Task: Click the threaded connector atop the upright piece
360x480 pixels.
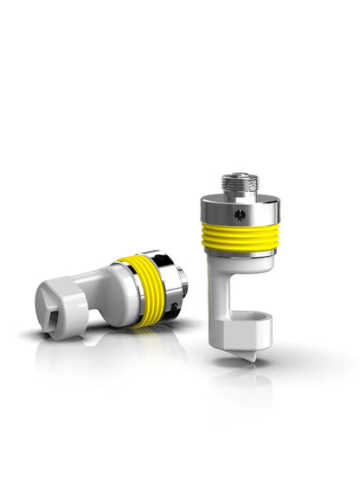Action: coord(239,184)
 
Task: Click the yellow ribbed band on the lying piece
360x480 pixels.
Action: coord(148,289)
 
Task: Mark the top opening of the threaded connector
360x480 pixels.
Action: coord(239,176)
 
